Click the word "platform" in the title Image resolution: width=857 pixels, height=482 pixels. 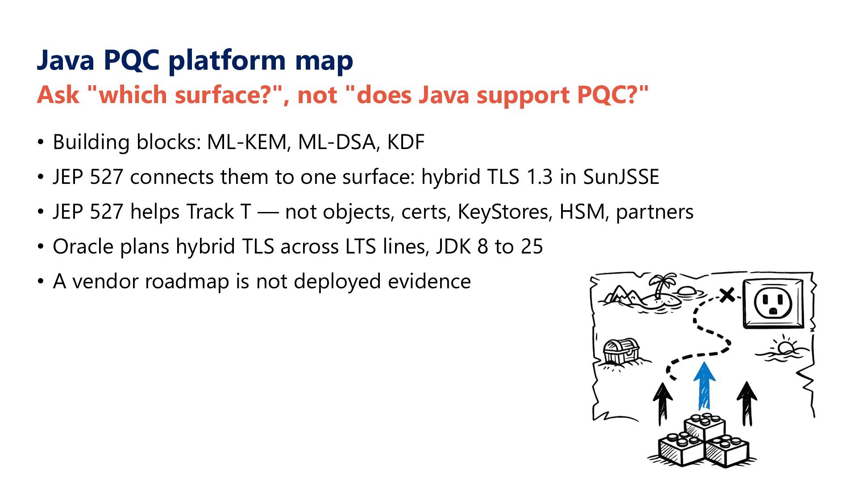(x=227, y=60)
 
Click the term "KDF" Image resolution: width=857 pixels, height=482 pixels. (x=406, y=142)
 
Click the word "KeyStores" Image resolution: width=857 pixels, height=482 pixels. (x=505, y=212)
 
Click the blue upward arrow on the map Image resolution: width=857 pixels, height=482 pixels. (x=704, y=386)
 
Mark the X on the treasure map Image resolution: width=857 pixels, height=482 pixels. (x=727, y=295)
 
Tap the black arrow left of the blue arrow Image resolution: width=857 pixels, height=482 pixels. (x=663, y=404)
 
